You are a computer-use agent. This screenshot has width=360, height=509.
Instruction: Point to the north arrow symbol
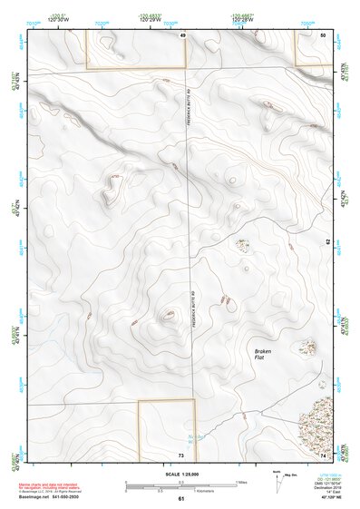[277, 478]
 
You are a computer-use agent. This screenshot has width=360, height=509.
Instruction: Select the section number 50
[323, 34]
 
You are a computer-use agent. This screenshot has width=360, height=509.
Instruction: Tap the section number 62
[327, 242]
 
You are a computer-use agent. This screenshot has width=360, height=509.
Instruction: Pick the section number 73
[181, 453]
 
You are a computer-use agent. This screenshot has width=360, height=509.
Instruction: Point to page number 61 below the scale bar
[180, 499]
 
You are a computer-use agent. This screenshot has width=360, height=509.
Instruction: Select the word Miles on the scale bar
[239, 481]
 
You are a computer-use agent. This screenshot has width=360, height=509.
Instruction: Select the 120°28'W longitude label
[240, 18]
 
